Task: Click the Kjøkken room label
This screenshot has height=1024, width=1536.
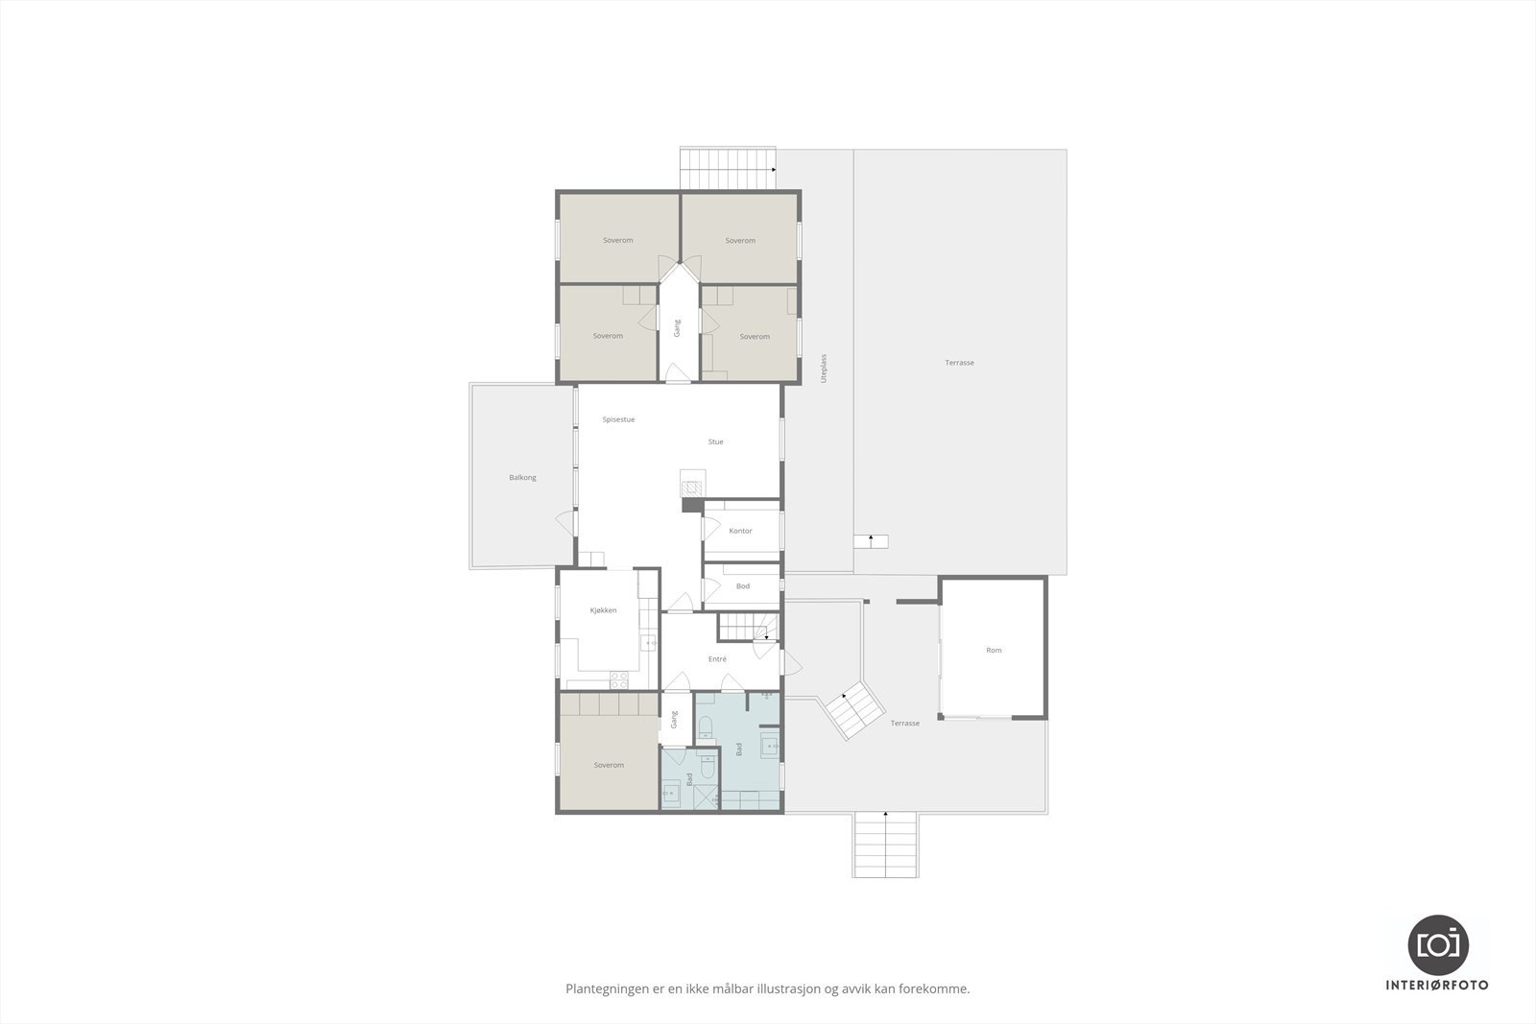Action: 603,610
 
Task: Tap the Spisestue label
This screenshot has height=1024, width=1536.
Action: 618,419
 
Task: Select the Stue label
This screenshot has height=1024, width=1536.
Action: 715,441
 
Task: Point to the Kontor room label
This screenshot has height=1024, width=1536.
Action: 740,531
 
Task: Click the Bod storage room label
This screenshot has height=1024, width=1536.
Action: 742,585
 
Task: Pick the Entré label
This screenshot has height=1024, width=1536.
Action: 717,659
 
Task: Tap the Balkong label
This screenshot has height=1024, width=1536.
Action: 522,477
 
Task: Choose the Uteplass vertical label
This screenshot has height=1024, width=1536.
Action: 824,369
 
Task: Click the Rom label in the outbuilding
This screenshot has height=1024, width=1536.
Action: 994,650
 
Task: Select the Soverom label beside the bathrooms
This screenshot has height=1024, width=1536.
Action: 609,765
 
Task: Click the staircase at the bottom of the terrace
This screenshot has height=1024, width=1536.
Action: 885,845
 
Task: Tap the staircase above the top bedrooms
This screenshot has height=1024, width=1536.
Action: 727,170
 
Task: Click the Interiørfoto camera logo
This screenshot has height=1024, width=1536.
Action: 1437,944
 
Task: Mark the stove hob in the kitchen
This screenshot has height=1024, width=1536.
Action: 619,679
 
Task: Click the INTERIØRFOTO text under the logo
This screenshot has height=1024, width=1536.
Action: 1437,985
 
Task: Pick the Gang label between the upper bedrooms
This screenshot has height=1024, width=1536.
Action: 677,327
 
